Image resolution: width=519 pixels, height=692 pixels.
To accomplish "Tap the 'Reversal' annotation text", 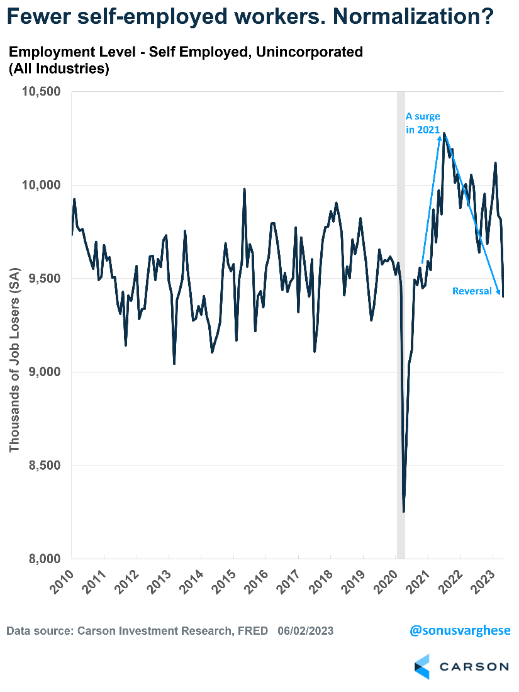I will point(472,291).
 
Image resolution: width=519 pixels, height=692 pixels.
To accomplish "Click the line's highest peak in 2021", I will point(444,133).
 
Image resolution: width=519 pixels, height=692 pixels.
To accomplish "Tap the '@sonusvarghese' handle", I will point(459,630).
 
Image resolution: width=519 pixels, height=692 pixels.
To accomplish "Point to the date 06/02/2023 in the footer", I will point(305,630).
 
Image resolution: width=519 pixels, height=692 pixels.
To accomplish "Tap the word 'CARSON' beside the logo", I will point(474,666).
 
